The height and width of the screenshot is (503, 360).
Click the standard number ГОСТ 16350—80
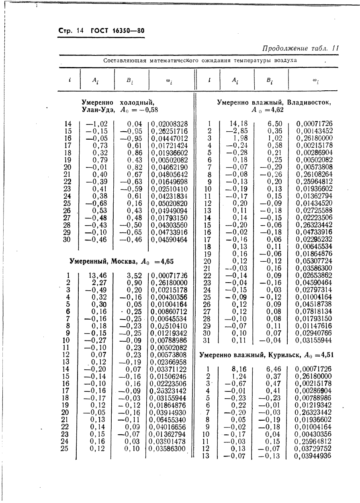[x=118, y=31]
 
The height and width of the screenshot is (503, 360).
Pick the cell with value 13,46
[x=97, y=275]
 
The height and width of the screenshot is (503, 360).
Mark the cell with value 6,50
[x=274, y=124]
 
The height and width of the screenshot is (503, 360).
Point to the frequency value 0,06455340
[x=168, y=420]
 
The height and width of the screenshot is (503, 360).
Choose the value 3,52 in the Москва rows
[x=134, y=275]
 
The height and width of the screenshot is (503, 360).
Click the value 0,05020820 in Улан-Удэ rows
[x=169, y=204]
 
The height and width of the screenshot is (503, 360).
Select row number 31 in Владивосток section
[x=207, y=340]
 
